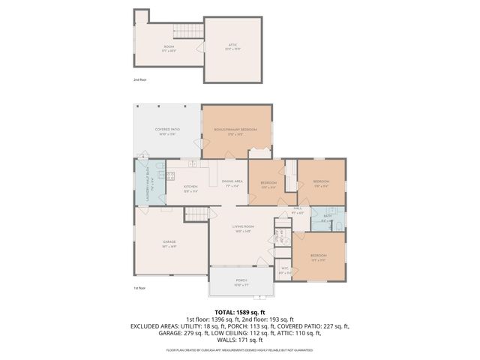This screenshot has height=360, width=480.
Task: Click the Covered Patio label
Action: coord(167,130)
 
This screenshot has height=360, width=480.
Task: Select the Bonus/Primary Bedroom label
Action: coord(235,130)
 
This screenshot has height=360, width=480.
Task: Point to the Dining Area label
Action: coord(232,182)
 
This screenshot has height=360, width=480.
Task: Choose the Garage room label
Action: coord(169,241)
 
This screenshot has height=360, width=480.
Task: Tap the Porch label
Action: coord(241,280)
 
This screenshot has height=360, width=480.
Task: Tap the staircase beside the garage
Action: coord(196,216)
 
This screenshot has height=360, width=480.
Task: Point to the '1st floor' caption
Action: coord(139,288)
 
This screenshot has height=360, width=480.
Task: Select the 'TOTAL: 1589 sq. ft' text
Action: coord(240,311)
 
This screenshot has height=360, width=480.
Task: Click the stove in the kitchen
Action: coord(170,177)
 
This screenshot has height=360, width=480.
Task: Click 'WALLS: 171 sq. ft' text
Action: coord(240,340)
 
